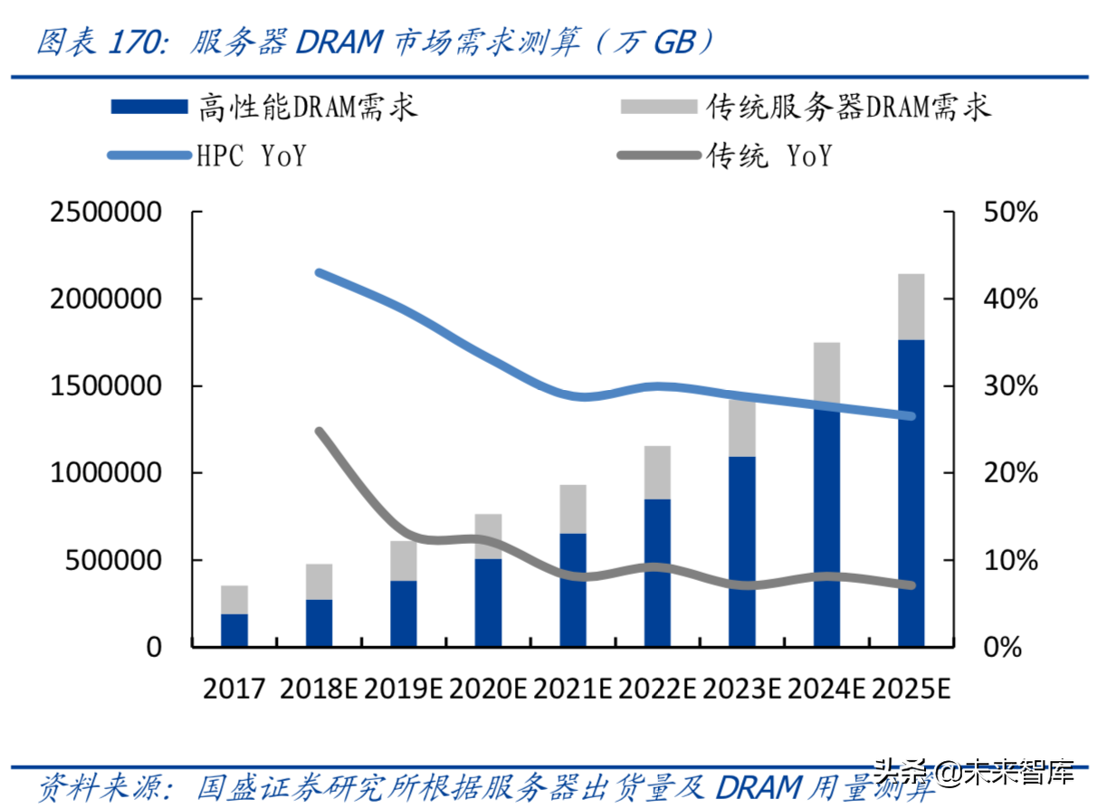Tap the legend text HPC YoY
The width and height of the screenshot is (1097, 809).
coord(251,156)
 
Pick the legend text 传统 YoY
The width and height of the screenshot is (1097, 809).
coord(769,156)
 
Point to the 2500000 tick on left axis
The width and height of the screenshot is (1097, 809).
coord(107,213)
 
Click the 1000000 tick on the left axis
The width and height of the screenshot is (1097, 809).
coord(107,473)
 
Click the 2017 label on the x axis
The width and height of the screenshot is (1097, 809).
coord(234,689)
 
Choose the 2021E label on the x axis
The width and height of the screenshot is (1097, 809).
coord(573,689)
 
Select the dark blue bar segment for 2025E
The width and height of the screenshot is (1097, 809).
coord(911,493)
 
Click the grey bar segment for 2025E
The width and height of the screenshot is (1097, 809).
coord(911,306)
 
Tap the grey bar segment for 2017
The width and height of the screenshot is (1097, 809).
coord(234,599)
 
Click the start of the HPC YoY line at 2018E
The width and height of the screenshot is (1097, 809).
coord(319,272)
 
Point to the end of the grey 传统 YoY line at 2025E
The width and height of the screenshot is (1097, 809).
coord(911,585)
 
